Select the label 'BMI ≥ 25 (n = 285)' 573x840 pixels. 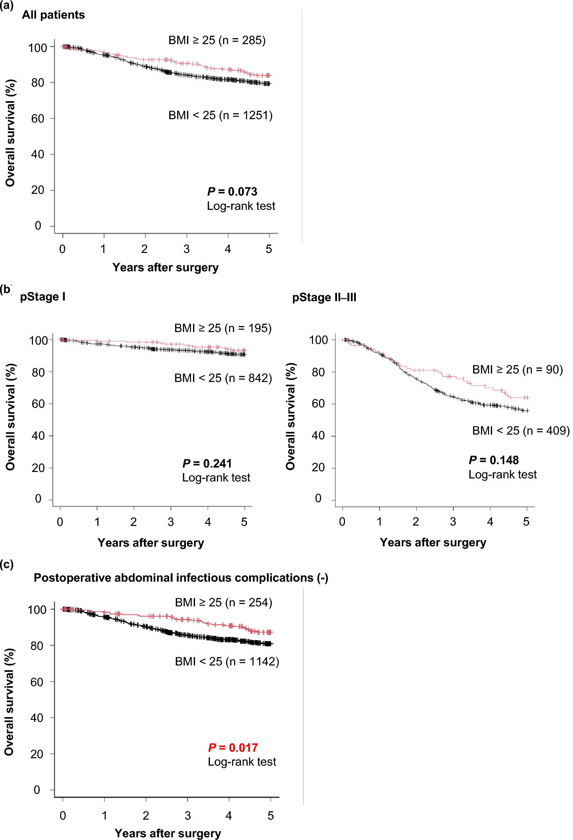point(217,40)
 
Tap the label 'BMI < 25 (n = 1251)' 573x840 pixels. point(220,115)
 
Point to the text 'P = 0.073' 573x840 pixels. point(232,191)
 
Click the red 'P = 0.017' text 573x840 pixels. point(232,747)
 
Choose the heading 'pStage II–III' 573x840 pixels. point(324,297)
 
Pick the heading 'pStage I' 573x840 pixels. point(43,297)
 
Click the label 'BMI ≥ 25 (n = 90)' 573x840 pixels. point(517,369)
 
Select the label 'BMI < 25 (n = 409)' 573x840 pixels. point(521,431)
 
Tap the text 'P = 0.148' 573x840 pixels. point(493,460)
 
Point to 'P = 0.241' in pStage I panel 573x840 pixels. point(207,463)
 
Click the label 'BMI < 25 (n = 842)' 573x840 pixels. point(223,378)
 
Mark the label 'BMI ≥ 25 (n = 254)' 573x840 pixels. point(223,602)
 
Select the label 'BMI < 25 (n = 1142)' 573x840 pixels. point(227,661)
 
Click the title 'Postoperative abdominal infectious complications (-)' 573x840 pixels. point(181,578)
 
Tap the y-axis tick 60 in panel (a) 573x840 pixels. point(38,118)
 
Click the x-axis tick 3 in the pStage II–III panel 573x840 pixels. point(453,522)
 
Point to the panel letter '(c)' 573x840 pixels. point(6,564)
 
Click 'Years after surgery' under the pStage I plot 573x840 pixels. point(151,543)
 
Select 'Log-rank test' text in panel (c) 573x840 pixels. point(242,762)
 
